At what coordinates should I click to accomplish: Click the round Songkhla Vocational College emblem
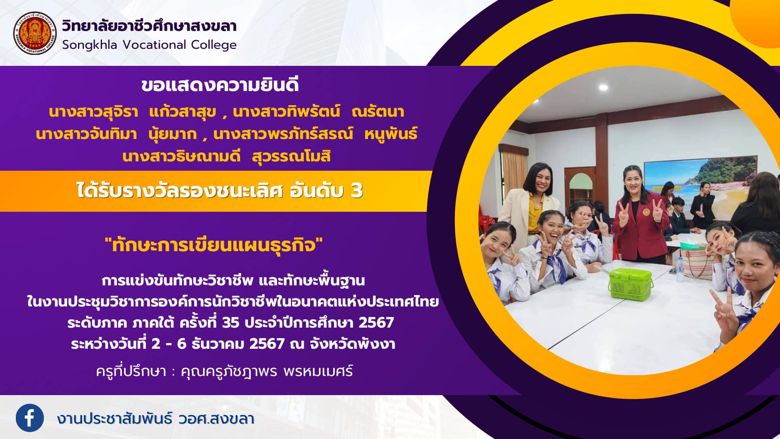35,33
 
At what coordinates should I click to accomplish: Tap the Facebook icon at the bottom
30,418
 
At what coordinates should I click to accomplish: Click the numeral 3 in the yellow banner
356,191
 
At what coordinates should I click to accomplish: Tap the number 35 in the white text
230,323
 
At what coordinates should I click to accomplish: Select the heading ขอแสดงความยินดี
220,85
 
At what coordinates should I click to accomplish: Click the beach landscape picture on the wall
700,183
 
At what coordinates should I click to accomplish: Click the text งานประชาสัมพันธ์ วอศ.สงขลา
156,418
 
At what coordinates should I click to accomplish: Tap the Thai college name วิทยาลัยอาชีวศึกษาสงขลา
149,26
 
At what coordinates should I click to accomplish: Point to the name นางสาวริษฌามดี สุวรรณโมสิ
226,156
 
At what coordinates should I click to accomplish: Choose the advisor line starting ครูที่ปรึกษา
224,371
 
